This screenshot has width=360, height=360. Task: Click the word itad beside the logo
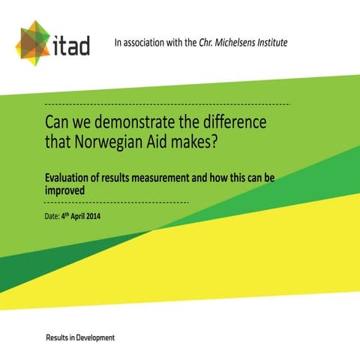tap(72, 46)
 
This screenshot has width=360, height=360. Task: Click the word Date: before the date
tap(52, 217)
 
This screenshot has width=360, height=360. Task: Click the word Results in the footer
tap(60, 338)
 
